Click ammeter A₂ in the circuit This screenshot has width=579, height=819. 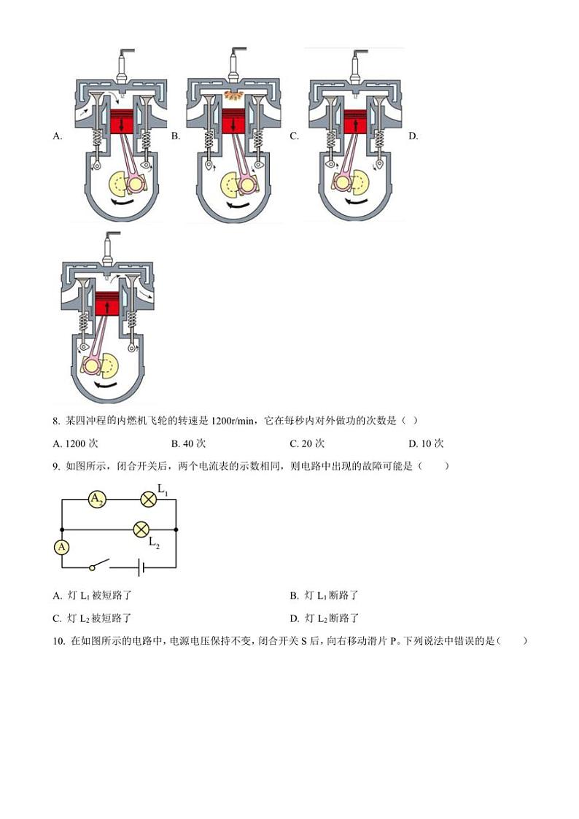point(97,499)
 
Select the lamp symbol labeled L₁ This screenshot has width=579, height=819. point(149,499)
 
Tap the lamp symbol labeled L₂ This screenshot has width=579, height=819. point(141,529)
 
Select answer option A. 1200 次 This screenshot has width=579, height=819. point(76,443)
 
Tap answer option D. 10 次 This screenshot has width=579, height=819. point(426,443)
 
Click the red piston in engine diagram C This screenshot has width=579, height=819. point(355,121)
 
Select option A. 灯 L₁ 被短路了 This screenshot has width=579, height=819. point(92,596)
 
